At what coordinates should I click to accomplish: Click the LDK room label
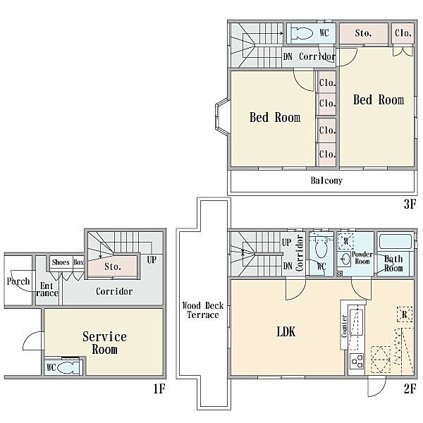tap(286, 331)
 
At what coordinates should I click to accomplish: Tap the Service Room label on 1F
tap(104, 343)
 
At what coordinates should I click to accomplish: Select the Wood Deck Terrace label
tap(203, 310)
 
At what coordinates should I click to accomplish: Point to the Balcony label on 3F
tap(326, 180)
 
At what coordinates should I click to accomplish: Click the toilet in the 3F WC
tap(302, 33)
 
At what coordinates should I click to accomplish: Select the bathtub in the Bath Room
tap(396, 242)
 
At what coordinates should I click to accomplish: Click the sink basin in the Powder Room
tap(343, 260)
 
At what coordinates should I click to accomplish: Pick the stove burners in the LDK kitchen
tap(357, 361)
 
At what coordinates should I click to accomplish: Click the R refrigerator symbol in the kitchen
tap(405, 314)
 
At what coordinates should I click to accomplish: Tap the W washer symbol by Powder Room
tap(346, 241)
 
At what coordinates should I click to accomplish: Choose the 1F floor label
tap(159, 388)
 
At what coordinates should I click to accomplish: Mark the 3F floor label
tap(410, 204)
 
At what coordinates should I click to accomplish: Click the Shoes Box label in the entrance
tap(68, 262)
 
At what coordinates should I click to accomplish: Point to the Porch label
tap(18, 281)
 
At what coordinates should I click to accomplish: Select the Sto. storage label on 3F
tap(363, 33)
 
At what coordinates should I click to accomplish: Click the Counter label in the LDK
tap(344, 326)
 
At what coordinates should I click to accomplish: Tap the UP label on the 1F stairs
tap(152, 259)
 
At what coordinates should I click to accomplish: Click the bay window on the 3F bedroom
tap(222, 116)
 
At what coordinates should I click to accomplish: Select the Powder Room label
tap(362, 258)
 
